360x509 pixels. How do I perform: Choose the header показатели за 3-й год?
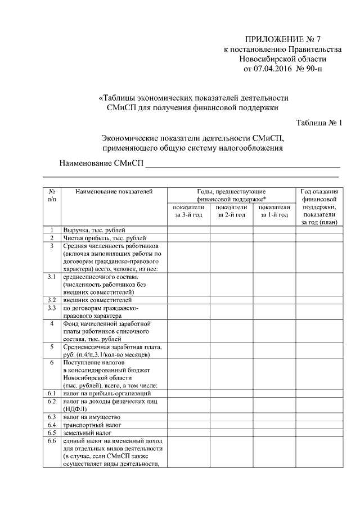click(188, 211)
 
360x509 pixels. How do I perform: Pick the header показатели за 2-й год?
click(231, 211)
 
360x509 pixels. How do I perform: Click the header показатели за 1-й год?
click(274, 211)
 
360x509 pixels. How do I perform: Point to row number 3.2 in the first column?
click(51, 300)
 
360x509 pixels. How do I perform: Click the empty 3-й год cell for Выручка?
click(188, 231)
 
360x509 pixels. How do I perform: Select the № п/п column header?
click(51, 196)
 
